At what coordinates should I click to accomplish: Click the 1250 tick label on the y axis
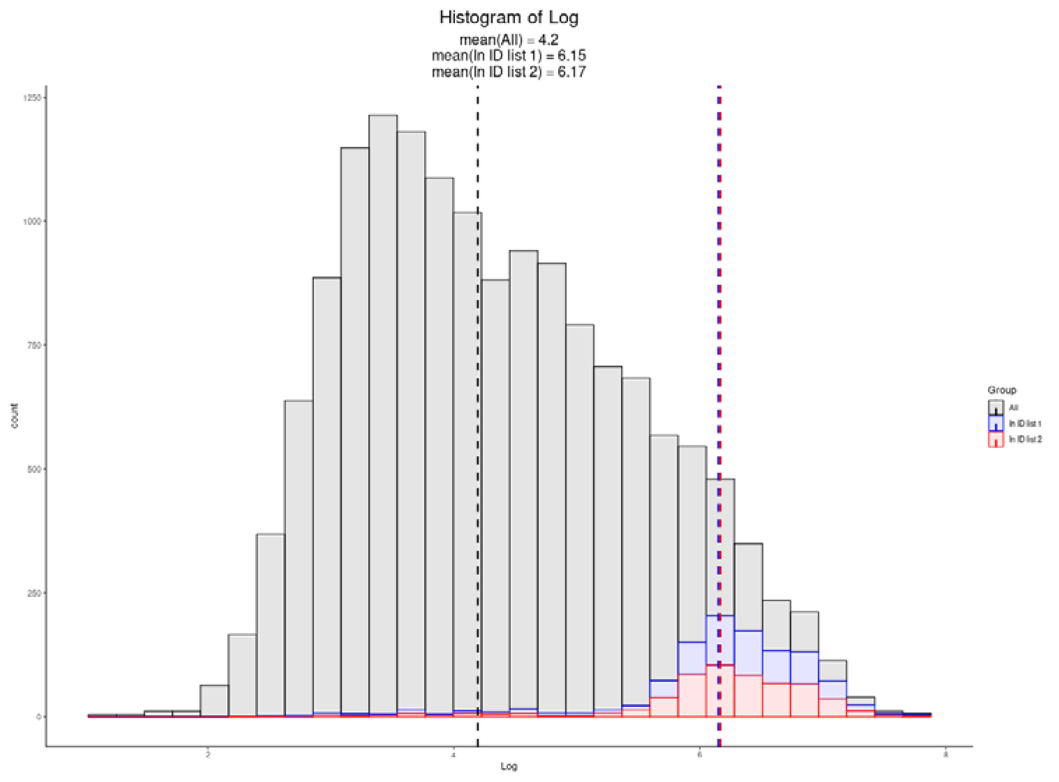tap(32, 98)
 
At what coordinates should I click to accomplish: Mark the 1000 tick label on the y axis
tap(32, 221)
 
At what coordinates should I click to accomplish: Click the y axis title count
tap(14, 416)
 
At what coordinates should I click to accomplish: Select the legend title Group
tap(1002, 390)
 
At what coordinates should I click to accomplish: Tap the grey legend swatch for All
tap(996, 408)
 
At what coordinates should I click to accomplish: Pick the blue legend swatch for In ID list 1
tap(996, 423)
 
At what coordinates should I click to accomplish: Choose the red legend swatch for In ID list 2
tap(996, 439)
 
